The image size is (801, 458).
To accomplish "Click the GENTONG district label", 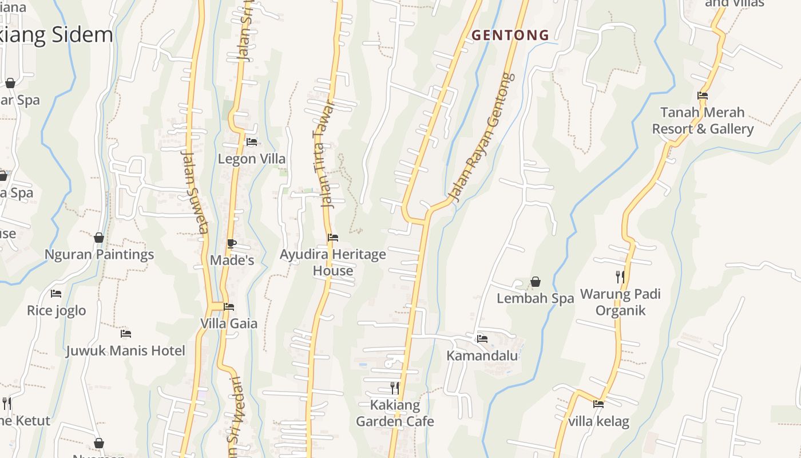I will (x=510, y=35).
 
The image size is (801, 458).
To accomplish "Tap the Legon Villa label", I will (x=251, y=159).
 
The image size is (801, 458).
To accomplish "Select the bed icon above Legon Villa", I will (x=251, y=141).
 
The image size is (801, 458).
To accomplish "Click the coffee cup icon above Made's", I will (x=231, y=243).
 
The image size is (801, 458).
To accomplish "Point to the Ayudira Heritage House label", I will (x=333, y=262).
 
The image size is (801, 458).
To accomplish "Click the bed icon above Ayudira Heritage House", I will (x=332, y=238).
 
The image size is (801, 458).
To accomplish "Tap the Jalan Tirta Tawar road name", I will (x=324, y=155).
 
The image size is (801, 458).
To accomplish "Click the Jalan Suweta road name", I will (x=195, y=192).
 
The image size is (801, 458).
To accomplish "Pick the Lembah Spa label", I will (x=535, y=298).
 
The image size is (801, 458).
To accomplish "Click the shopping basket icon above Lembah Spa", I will (x=536, y=282).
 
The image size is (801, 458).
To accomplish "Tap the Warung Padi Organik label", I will (x=620, y=302).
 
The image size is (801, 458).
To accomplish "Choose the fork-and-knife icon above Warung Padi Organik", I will (x=620, y=277).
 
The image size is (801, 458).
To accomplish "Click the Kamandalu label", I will (x=482, y=356).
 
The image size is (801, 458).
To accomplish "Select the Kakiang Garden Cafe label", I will (x=395, y=413).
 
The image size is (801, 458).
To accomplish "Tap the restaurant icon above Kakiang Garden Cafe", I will (x=394, y=388).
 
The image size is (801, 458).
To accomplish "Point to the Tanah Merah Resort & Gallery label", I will (x=703, y=120).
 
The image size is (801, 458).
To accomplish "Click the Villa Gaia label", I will (x=229, y=323).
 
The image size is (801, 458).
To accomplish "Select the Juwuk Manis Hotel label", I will (x=126, y=350).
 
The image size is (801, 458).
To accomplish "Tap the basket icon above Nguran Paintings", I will (x=99, y=238).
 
